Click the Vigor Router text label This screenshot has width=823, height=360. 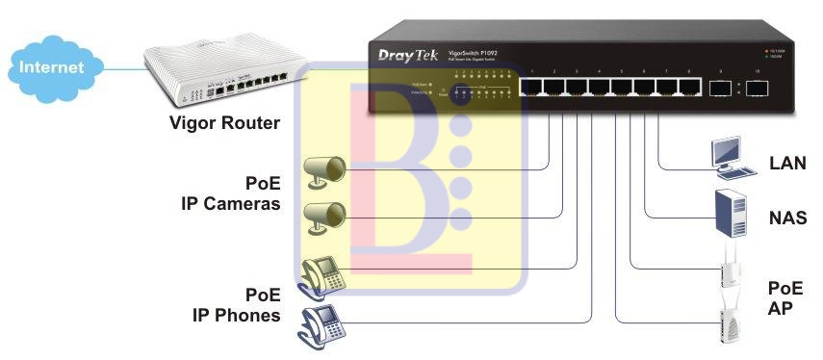tap(224, 123)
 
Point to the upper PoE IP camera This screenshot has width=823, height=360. tap(323, 169)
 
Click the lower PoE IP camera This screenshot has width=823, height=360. tap(323, 217)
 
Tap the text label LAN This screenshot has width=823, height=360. tap(787, 164)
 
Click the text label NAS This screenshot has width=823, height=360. tap(787, 219)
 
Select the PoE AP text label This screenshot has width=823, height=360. tap(784, 298)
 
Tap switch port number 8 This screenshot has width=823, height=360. tap(689, 88)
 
